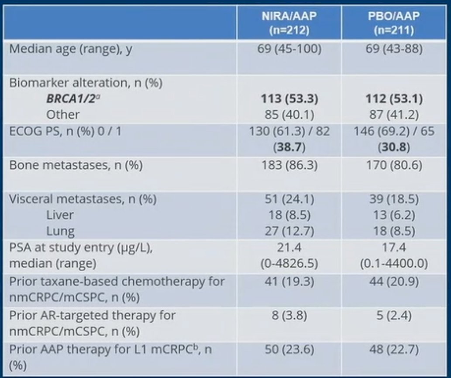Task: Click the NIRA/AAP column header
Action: tap(289, 23)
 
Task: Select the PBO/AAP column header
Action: tap(394, 23)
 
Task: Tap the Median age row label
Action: tap(71, 49)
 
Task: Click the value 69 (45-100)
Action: tap(289, 49)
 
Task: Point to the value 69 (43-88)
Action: tap(394, 49)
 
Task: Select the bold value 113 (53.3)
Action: tap(289, 99)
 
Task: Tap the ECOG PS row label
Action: tap(65, 131)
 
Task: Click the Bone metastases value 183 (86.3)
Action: tap(289, 165)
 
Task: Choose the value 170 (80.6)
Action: tap(394, 165)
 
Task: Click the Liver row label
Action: tap(60, 215)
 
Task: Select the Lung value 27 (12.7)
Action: tap(289, 231)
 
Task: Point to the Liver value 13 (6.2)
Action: tap(394, 215)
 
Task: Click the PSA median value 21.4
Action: tap(289, 247)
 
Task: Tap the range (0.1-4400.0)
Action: tap(394, 263)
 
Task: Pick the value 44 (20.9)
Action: tap(394, 281)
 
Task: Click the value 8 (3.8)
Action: tap(289, 315)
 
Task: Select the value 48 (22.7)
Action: tap(394, 350)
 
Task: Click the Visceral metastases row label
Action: tap(83, 199)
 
